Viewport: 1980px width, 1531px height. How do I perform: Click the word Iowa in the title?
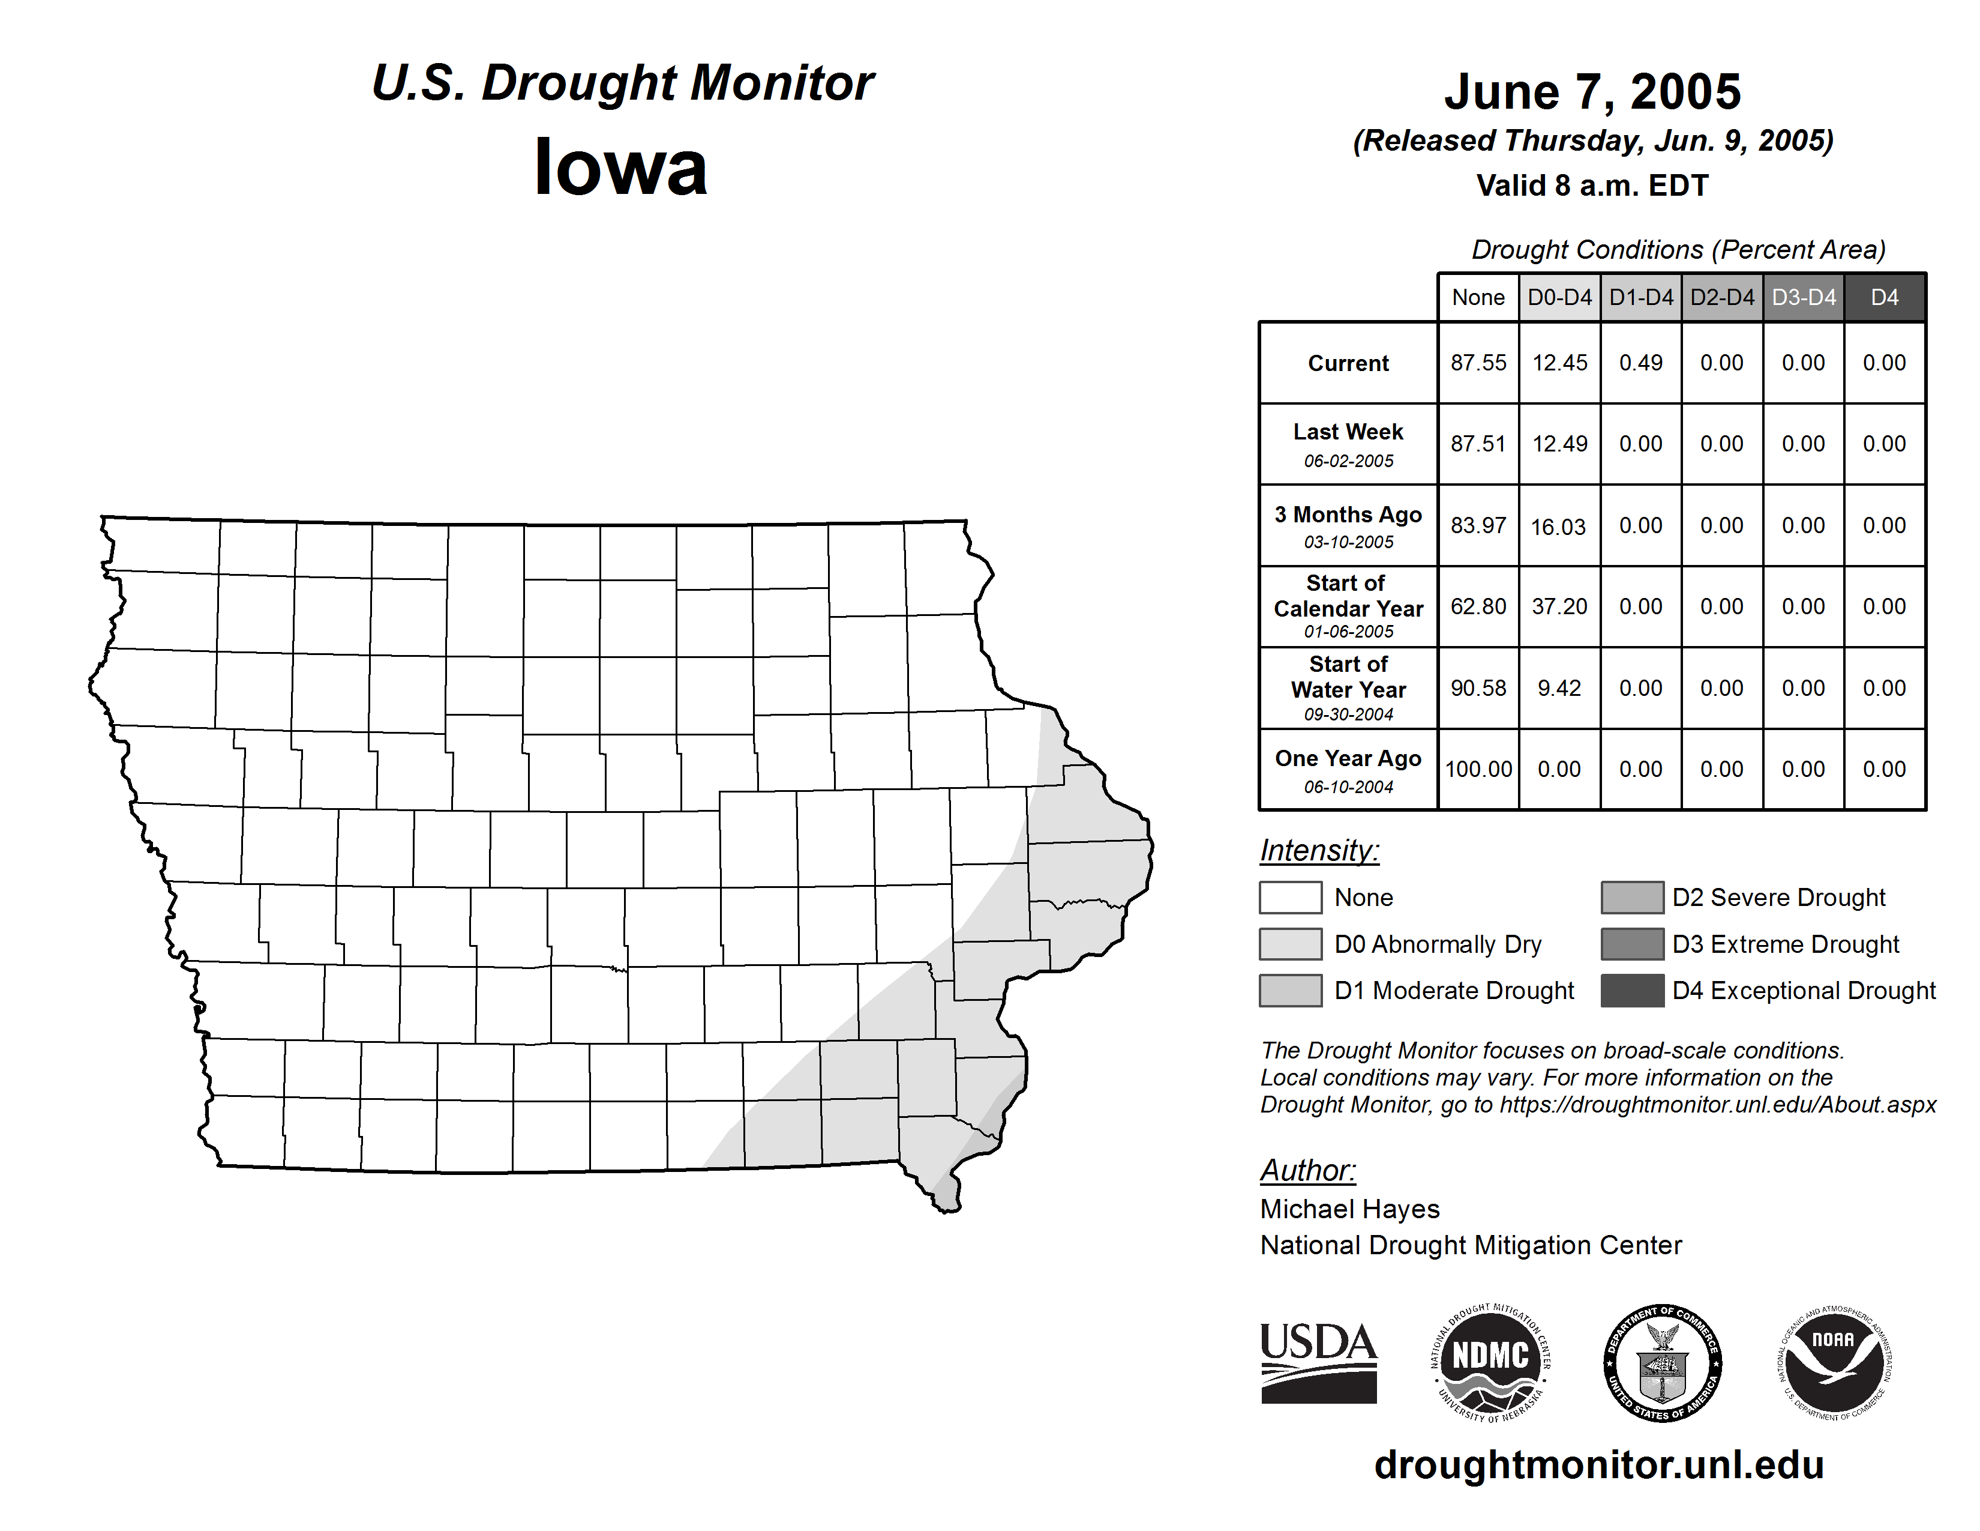point(621,168)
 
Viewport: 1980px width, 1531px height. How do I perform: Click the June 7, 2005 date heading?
point(1592,92)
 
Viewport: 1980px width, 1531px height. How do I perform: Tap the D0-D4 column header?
point(1559,297)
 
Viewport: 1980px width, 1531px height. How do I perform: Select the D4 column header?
point(1884,297)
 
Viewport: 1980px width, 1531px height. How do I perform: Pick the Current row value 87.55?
point(1478,363)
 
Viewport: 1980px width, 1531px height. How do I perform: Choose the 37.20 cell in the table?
point(1559,606)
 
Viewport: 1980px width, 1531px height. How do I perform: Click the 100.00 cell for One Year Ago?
point(1478,769)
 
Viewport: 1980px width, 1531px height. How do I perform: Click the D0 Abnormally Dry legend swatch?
point(1290,943)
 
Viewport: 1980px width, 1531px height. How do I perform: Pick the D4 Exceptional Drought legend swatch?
point(1632,991)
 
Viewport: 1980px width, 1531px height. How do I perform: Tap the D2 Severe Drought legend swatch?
point(1632,897)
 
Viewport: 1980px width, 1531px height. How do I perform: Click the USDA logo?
point(1318,1362)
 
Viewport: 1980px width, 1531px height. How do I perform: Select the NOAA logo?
point(1833,1362)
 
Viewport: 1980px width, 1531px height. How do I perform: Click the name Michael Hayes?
point(1349,1209)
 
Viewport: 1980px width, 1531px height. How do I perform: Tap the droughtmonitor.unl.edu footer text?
point(1599,1465)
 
